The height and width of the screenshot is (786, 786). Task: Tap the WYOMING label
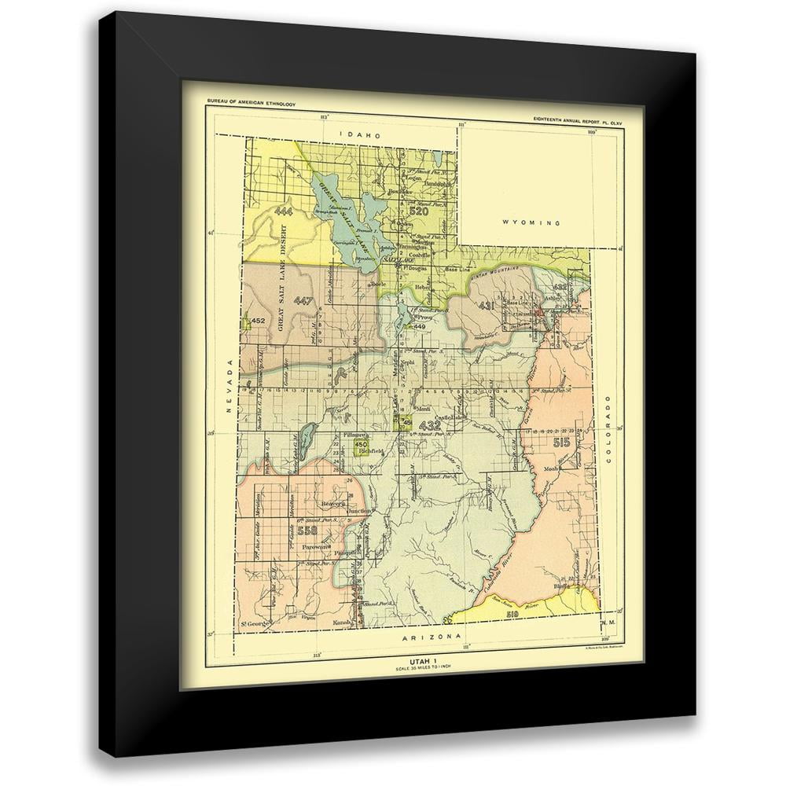[531, 222]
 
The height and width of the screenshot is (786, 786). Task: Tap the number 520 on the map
[418, 211]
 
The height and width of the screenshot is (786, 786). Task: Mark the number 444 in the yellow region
[284, 212]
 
